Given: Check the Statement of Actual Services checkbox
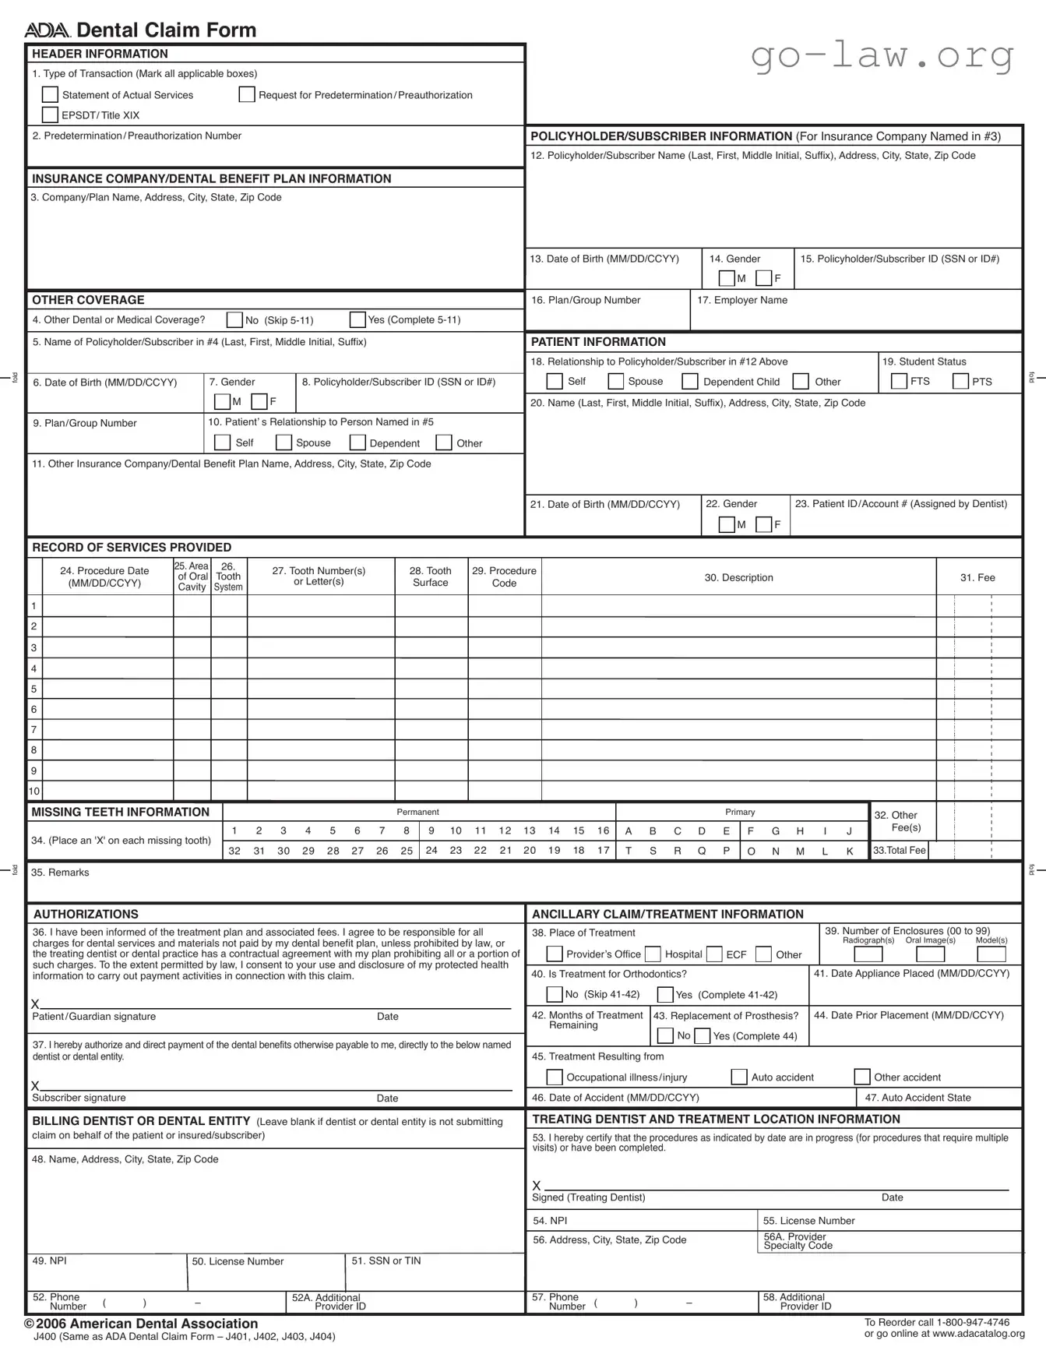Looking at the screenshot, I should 50,95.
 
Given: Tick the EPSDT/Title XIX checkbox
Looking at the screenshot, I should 50,115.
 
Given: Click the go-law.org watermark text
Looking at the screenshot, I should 882,56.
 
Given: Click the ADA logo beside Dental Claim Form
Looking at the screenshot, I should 48,31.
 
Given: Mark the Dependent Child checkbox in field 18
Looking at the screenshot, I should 690,382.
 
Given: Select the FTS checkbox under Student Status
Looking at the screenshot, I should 899,382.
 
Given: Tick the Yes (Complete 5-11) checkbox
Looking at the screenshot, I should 357,320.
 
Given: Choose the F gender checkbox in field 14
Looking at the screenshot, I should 764,278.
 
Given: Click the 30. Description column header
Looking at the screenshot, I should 738,578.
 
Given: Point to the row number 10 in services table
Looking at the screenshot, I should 34,792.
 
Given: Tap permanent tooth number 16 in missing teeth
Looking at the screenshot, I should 603,831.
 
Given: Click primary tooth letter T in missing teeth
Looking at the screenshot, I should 629,852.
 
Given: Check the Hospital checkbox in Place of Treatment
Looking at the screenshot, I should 653,954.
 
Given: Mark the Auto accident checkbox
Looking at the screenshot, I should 739,1077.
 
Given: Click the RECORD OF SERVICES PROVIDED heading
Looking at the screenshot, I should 132,548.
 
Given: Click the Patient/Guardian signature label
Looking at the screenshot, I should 93,1017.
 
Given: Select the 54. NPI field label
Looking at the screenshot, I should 550,1221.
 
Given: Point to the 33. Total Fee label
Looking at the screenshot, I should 899,851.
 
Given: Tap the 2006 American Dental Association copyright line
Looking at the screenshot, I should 141,1324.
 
